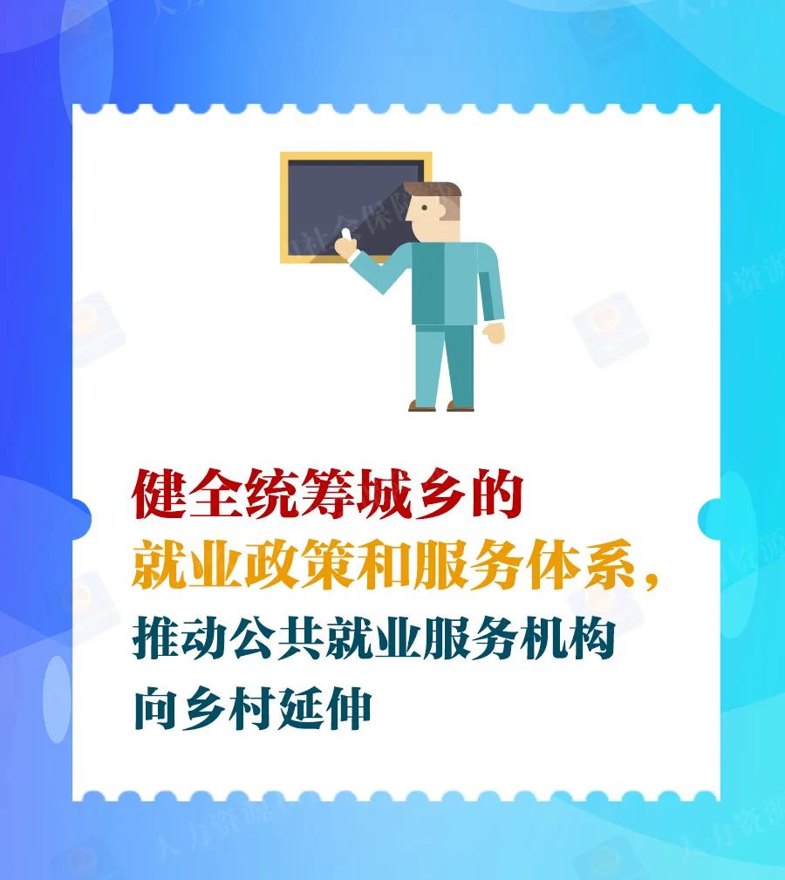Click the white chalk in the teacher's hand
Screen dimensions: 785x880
[345, 235]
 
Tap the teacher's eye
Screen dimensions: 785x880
[425, 208]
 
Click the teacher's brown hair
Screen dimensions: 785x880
[435, 191]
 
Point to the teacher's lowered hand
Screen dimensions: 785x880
[494, 332]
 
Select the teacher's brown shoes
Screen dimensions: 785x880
[441, 406]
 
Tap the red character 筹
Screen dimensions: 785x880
[327, 494]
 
